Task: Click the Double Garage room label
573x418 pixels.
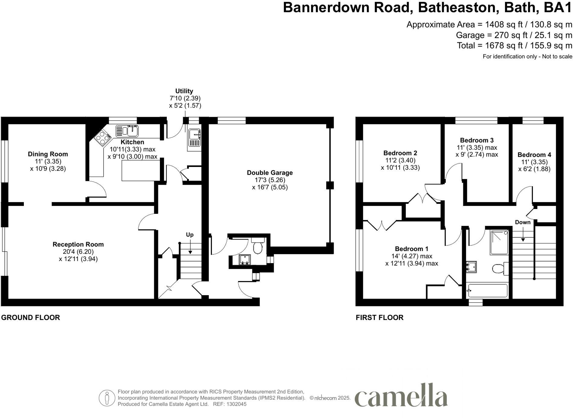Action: click(x=270, y=173)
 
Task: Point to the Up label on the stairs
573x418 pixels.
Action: click(x=189, y=235)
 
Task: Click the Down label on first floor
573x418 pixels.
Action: click(x=523, y=222)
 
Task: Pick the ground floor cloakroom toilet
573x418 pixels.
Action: click(x=257, y=247)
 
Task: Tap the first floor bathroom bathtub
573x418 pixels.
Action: click(x=487, y=291)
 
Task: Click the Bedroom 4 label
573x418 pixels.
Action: click(x=534, y=155)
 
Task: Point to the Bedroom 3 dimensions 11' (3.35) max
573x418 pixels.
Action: click(x=477, y=148)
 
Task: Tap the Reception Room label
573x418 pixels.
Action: click(x=78, y=244)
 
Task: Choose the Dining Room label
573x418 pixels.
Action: click(x=48, y=154)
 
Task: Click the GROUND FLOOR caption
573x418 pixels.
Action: click(x=31, y=318)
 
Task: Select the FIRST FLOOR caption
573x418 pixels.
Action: click(x=379, y=318)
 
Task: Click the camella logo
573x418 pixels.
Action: click(x=401, y=396)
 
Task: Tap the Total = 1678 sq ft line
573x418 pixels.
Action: click(x=514, y=46)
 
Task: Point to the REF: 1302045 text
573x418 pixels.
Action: click(x=230, y=404)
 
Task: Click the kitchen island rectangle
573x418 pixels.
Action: click(x=141, y=171)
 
